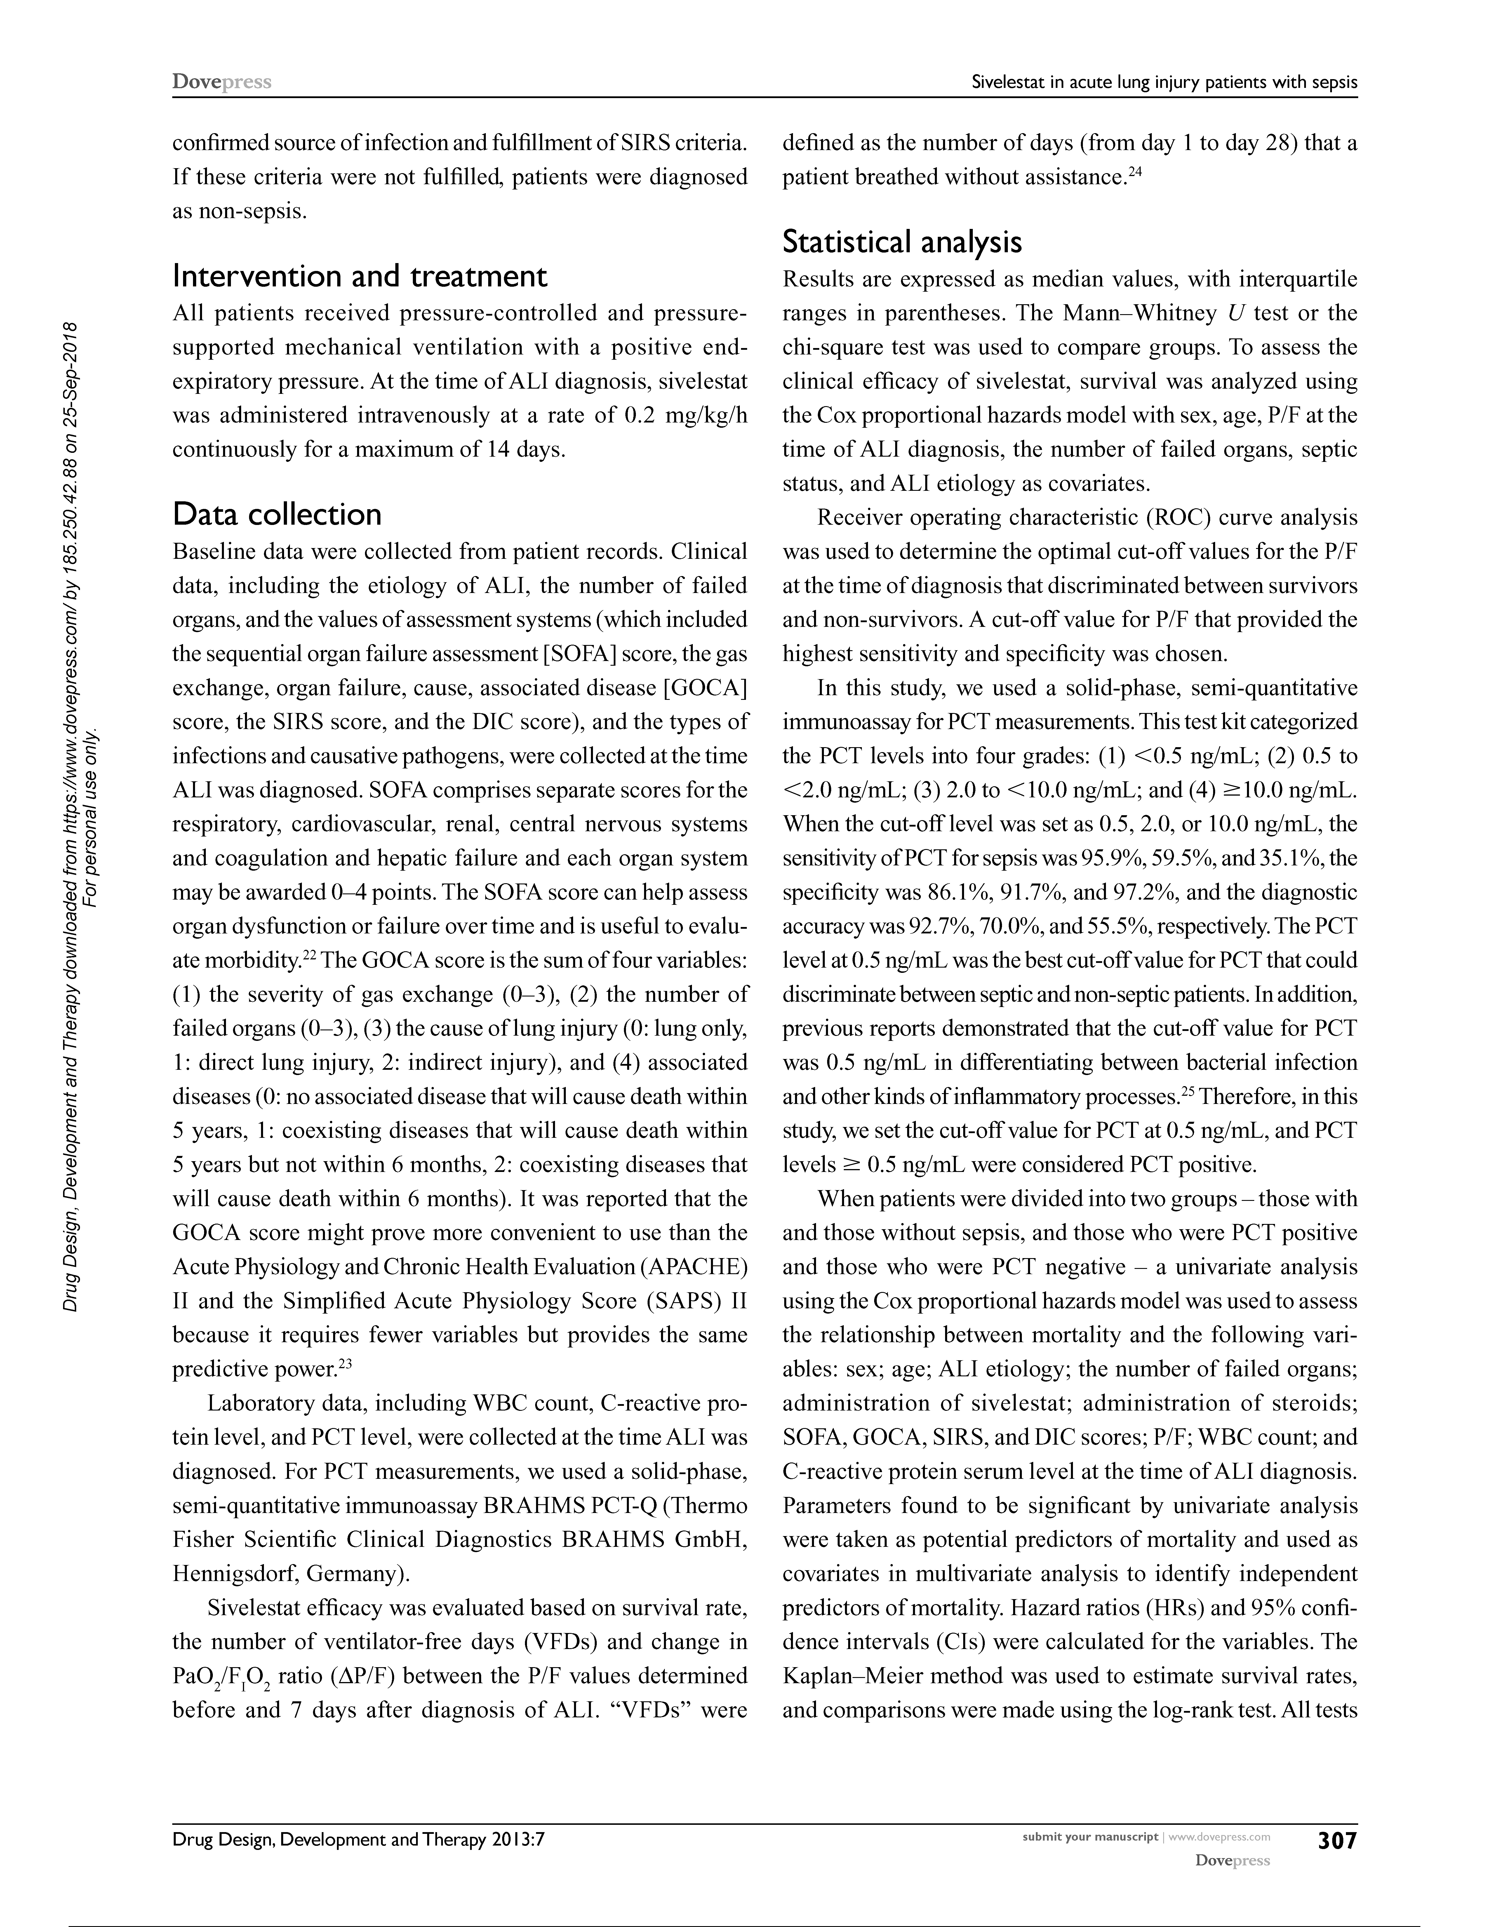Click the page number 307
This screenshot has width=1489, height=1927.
pos(1336,1841)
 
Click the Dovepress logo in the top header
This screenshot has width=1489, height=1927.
pos(221,82)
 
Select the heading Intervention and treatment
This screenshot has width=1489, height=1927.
pos(360,276)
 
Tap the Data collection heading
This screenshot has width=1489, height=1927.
pos(277,514)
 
